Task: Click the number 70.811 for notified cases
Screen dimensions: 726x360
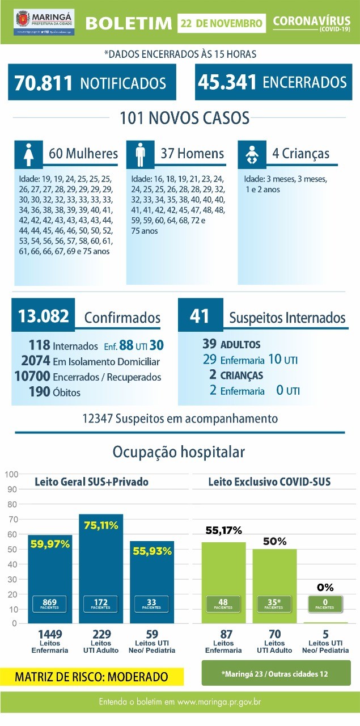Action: pos(44,82)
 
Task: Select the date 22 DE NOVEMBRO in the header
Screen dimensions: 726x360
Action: pos(222,23)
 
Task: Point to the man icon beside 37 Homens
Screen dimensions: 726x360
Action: pos(140,154)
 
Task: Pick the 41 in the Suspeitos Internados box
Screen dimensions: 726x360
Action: pos(200,316)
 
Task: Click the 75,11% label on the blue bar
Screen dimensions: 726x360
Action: pos(101,525)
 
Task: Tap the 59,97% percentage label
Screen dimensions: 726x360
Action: pos(50,544)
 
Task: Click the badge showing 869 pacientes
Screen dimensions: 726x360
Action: pos(50,603)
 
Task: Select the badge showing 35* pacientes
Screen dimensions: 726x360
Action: pos(274,603)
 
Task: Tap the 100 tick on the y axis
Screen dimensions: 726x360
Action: pos(12,474)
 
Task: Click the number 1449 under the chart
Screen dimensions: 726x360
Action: pos(50,634)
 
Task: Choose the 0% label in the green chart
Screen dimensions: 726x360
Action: pos(325,587)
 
